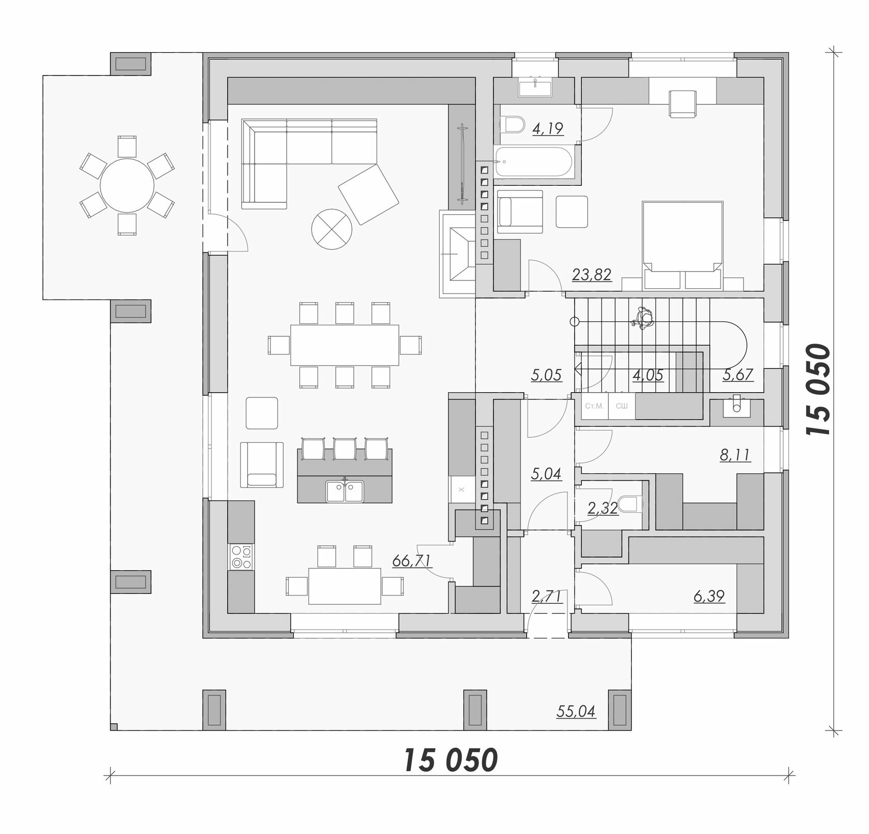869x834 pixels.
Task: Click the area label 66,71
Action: tap(412, 561)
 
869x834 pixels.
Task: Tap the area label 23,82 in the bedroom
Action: tap(592, 274)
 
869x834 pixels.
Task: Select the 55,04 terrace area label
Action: tap(576, 712)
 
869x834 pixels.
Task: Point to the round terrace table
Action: tap(127, 185)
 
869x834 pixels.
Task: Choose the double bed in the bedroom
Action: tap(682, 245)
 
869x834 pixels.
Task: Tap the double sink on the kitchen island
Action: tap(344, 491)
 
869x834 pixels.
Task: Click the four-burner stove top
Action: tap(242, 557)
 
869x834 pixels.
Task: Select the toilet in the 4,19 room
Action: tap(512, 125)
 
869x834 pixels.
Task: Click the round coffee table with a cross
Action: tap(332, 230)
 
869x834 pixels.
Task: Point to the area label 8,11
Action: tap(735, 455)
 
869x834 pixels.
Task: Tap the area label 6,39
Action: tap(709, 596)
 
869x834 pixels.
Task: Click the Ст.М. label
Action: tap(594, 406)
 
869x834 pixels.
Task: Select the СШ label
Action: tap(621, 406)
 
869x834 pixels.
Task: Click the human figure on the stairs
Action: tap(642, 318)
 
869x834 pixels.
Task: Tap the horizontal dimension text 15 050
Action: tap(450, 760)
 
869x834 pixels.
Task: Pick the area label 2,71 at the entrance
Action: tap(547, 596)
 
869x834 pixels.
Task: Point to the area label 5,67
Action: tap(738, 374)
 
